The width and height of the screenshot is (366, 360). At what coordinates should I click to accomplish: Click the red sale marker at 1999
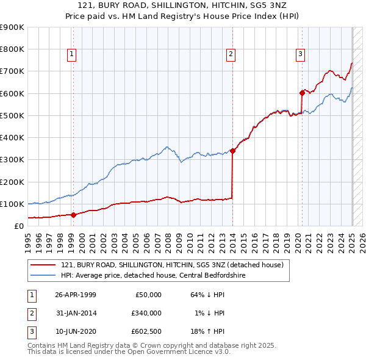coord(73,215)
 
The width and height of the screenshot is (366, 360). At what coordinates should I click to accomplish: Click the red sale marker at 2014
coord(232,151)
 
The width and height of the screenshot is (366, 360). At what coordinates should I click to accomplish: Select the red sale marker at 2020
coord(302,93)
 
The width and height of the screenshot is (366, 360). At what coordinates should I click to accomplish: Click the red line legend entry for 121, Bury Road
coord(172,265)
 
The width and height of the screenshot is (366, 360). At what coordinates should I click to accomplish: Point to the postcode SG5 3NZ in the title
coord(277,5)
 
